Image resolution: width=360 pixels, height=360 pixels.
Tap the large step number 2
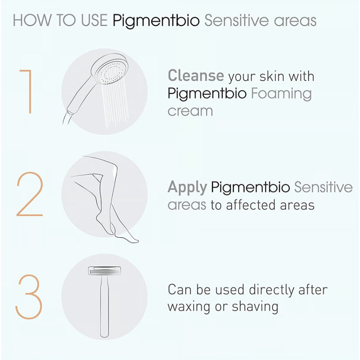pos(30,194)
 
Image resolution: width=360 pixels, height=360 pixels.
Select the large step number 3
pos(29,297)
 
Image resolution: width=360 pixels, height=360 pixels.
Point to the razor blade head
pos(104,271)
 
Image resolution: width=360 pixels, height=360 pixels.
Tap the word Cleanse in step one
pos(196,76)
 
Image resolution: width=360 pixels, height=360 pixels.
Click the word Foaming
pos(281,94)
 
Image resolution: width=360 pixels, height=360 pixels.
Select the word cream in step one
pos(190,111)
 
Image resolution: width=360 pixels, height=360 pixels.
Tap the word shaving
pos(255,307)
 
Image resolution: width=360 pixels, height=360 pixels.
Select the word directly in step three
pos(271,290)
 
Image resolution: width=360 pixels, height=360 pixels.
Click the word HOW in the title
pos(32,20)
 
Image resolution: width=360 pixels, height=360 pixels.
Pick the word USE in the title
pos(94,20)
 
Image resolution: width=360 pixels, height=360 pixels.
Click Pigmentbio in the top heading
pos(156,21)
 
